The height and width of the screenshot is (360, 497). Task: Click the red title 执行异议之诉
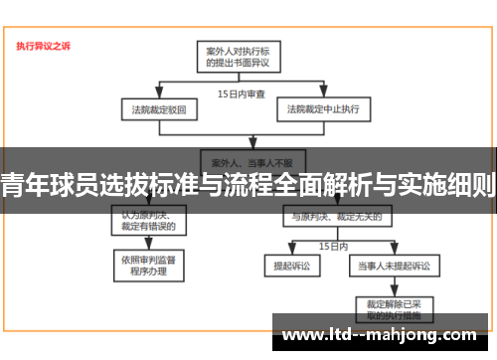(43, 45)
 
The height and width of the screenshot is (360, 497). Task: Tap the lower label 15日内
(332, 244)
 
